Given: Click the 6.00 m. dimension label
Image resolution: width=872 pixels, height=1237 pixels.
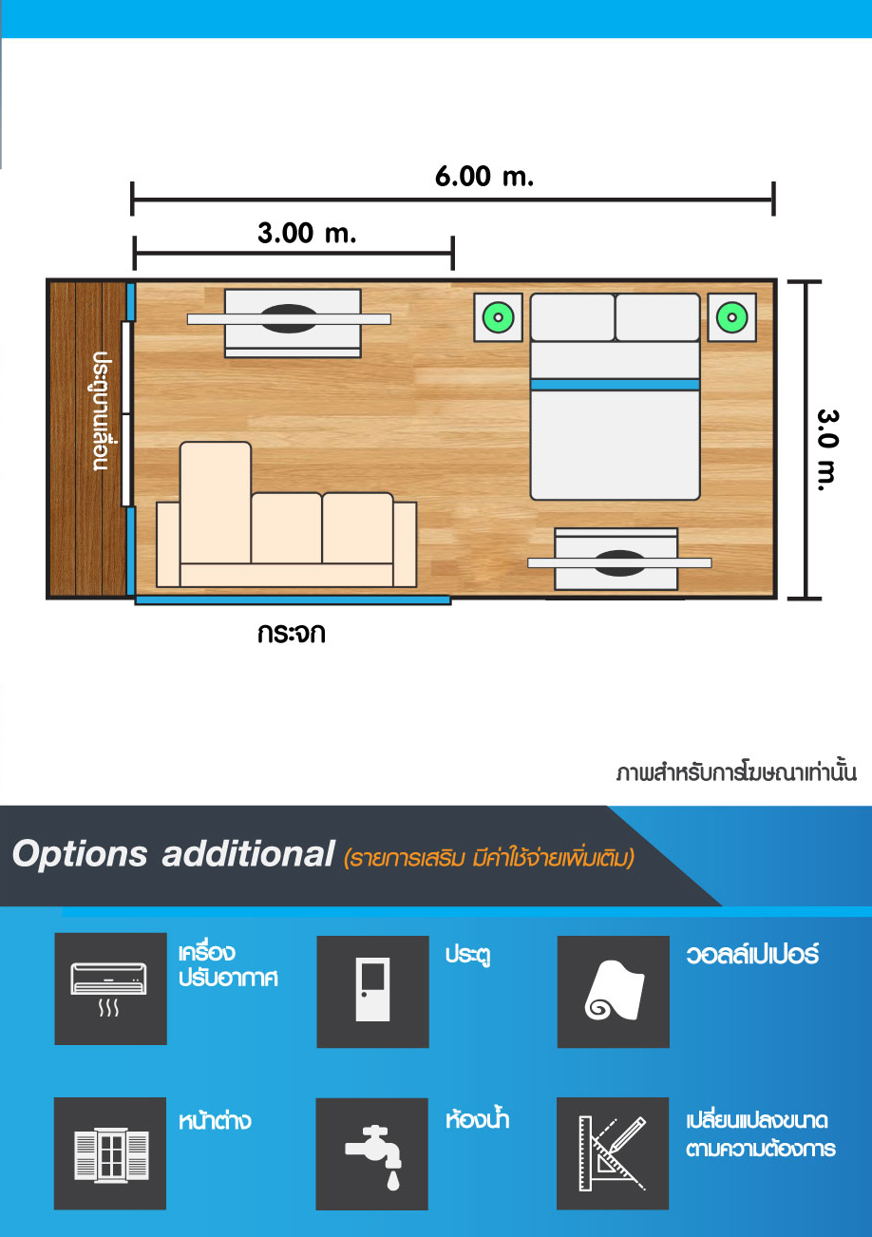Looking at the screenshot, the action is tap(483, 176).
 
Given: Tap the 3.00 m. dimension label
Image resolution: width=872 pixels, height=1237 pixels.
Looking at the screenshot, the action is tap(307, 233).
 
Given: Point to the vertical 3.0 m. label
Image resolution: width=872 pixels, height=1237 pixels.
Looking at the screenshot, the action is tap(827, 450).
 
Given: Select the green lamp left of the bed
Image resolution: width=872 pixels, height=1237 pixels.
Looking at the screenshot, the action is tap(498, 317).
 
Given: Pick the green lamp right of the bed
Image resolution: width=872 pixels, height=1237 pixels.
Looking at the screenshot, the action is tap(732, 317).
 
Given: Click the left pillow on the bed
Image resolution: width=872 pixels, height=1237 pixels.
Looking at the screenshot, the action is tap(573, 317).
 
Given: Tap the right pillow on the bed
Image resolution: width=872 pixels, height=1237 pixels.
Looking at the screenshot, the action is tap(657, 317).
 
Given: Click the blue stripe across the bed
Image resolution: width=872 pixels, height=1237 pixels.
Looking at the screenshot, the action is tap(616, 385).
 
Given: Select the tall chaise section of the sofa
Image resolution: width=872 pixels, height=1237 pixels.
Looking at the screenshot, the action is tap(216, 503).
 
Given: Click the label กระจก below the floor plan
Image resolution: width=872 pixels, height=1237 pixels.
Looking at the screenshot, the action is tap(291, 633).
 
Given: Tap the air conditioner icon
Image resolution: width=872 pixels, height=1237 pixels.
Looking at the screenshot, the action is tap(109, 989).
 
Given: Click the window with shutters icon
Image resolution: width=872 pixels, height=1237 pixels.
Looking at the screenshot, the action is tap(111, 1154).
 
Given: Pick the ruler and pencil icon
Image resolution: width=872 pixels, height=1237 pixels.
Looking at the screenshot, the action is tap(612, 1153).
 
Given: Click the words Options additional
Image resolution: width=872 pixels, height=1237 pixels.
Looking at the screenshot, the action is tap(174, 854).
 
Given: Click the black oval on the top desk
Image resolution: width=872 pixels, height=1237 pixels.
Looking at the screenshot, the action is tap(289, 318).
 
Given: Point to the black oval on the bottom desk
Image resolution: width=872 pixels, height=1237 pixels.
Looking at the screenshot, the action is tap(620, 563).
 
